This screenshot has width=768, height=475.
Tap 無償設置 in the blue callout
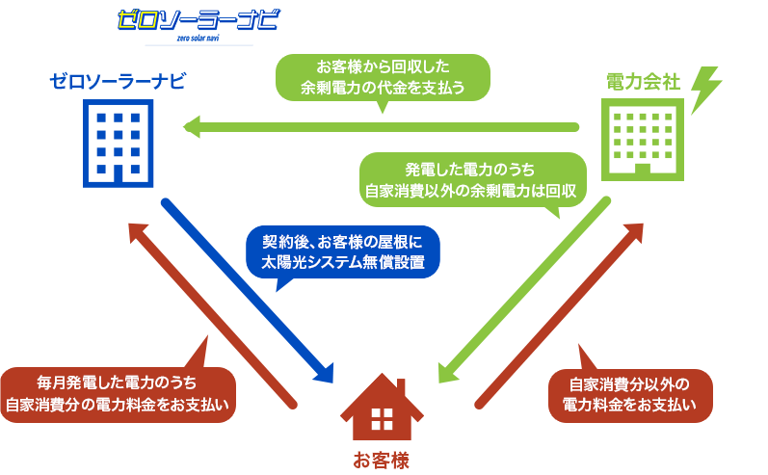coord(398,262)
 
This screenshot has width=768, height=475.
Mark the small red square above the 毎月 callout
coord(195,348)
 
